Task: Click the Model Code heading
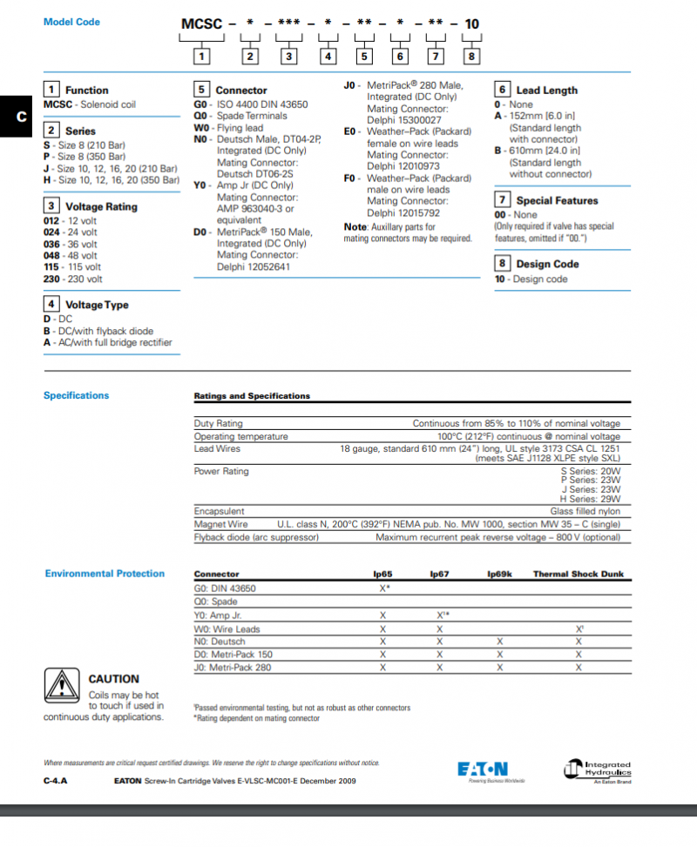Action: click(71, 22)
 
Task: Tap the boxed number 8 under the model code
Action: click(471, 57)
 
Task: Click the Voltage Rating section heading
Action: click(101, 207)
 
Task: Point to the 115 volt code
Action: click(52, 267)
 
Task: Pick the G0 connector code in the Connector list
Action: click(201, 104)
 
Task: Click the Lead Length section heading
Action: click(546, 90)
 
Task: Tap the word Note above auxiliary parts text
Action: click(355, 227)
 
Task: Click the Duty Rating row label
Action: click(218, 423)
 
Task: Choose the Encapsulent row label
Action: click(219, 512)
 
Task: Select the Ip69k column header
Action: click(499, 575)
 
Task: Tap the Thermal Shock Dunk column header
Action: click(579, 575)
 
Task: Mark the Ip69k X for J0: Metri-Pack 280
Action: click(499, 668)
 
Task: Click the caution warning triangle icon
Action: click(62, 685)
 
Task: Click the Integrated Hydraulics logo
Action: click(597, 770)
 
